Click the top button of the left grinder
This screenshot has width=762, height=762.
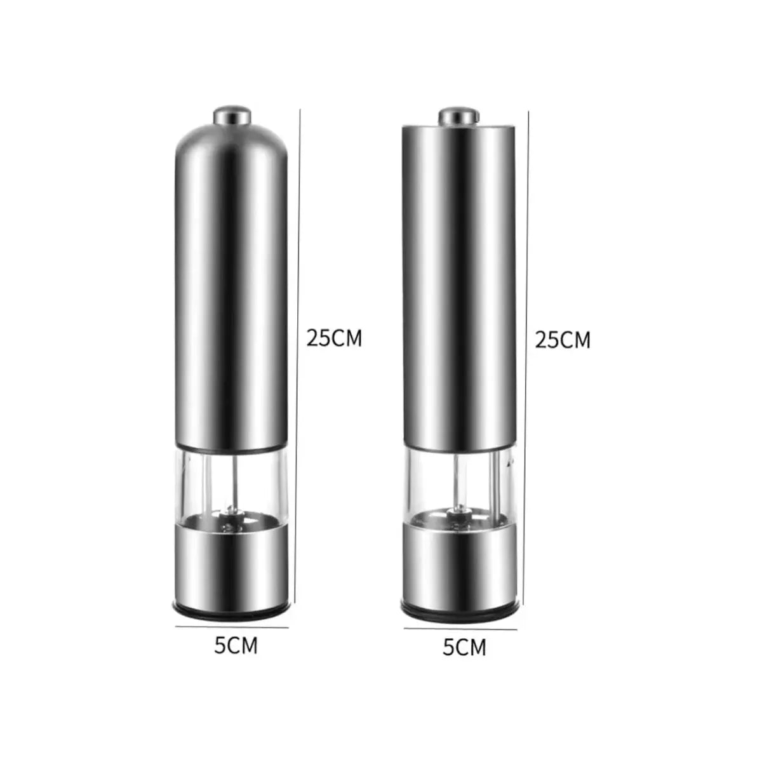(x=231, y=116)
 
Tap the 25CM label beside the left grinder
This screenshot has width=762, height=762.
(x=334, y=338)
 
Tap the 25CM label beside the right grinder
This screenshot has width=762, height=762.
(x=563, y=340)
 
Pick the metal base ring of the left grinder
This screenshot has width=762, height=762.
(x=231, y=559)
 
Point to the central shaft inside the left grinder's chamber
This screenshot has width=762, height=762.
(x=233, y=483)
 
